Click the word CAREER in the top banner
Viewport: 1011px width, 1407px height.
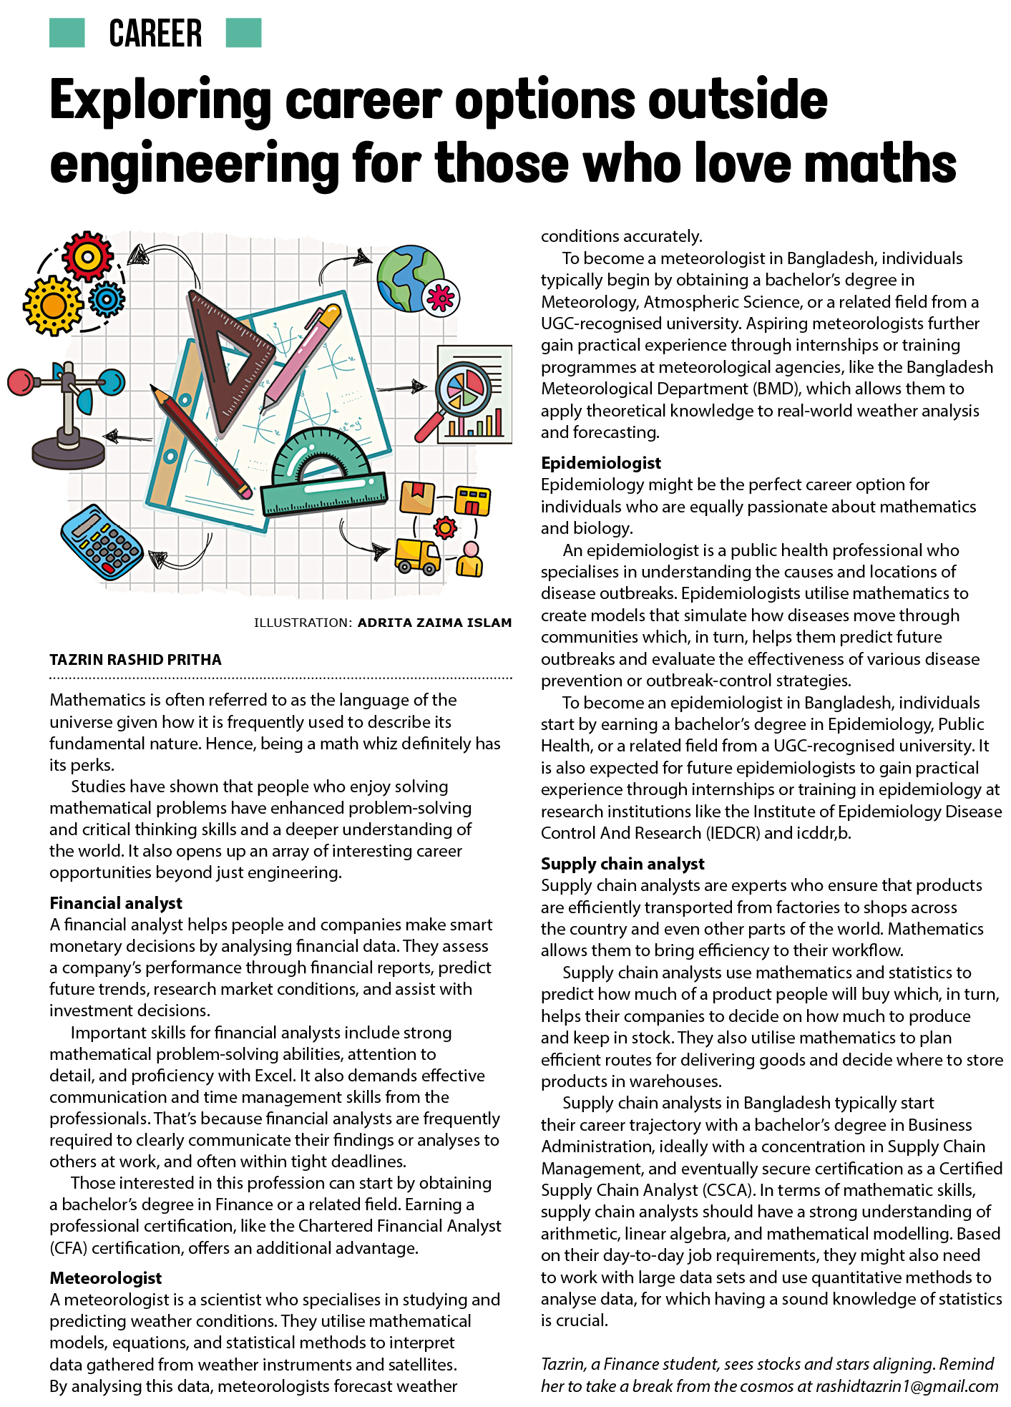click(x=155, y=34)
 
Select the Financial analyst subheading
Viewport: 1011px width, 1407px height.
click(x=116, y=903)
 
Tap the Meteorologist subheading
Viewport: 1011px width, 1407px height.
click(x=106, y=1278)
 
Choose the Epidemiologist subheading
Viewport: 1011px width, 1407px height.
click(x=601, y=463)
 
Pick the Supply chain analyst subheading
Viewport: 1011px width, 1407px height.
click(x=622, y=864)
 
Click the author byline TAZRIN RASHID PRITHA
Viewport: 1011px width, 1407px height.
click(x=135, y=660)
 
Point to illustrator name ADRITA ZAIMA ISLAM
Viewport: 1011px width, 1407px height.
click(x=434, y=623)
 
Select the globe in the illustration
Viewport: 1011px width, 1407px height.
click(x=410, y=278)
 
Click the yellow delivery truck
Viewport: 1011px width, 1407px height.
click(x=418, y=557)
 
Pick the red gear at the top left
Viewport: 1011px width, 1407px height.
click(x=87, y=255)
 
